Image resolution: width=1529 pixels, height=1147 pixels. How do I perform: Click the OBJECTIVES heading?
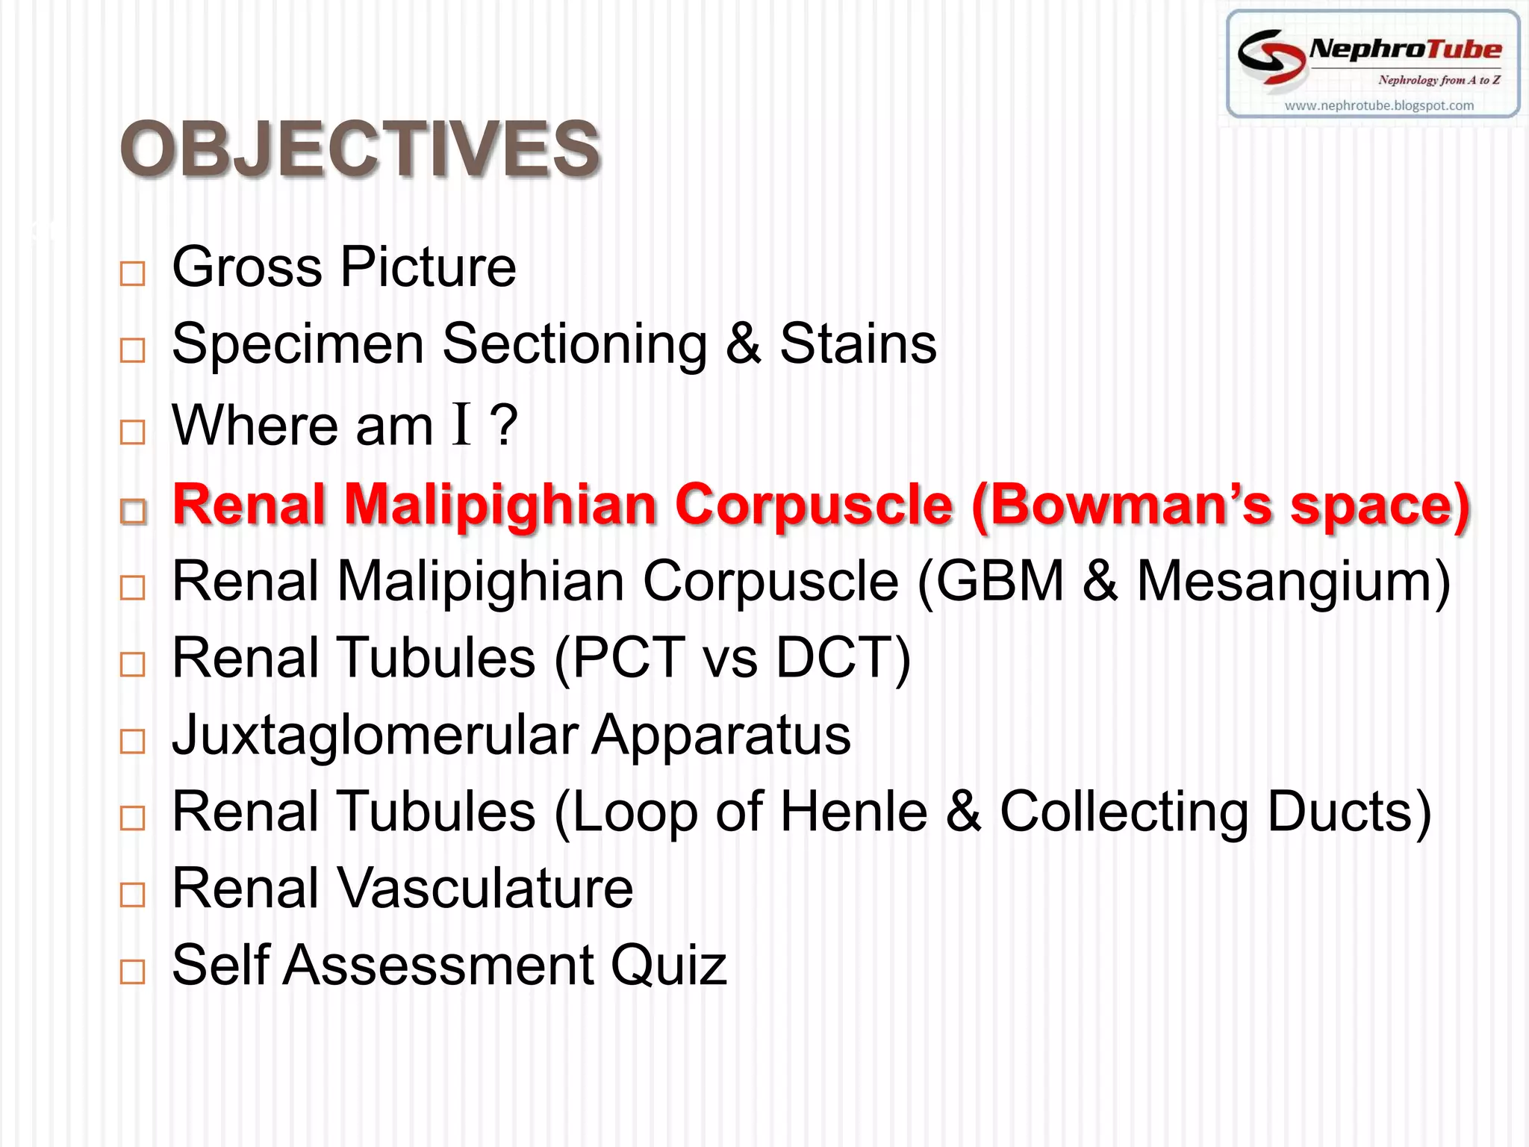(360, 149)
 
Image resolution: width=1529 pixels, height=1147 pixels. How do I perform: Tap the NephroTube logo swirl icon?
(1271, 55)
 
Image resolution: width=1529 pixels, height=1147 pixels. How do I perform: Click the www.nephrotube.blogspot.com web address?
(1379, 106)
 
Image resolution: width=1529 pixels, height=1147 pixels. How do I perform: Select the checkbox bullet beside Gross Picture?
(132, 273)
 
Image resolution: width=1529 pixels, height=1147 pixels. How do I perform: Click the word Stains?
(858, 344)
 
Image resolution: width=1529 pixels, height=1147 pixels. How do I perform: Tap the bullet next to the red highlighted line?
(133, 512)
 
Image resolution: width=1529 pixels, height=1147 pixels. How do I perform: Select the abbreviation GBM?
(1000, 582)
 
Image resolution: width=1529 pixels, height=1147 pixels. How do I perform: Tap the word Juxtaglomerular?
(375, 736)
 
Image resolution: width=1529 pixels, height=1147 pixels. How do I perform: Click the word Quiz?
(668, 966)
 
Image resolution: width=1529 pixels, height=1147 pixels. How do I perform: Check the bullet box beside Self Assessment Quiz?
(132, 972)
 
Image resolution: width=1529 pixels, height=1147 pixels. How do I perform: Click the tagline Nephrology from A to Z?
(1439, 80)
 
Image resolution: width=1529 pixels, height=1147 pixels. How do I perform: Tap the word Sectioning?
(574, 344)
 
